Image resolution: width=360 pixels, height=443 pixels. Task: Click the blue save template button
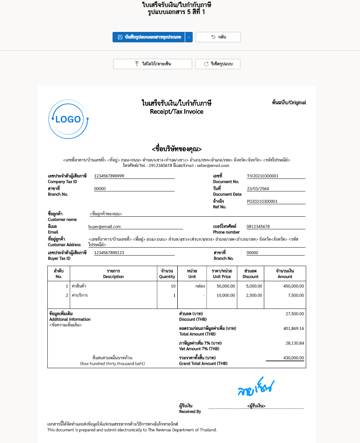tap(148, 37)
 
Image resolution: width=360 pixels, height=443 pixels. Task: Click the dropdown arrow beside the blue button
tap(188, 37)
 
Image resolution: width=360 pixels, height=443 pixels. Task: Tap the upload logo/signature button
tap(152, 64)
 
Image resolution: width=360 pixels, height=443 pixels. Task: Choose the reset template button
tap(218, 64)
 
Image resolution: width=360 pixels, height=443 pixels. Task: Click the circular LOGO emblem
tap(68, 120)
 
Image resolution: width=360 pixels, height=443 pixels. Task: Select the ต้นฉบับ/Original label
tap(289, 103)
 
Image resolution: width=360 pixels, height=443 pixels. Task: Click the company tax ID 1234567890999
tap(109, 176)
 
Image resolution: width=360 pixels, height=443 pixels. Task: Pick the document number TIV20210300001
tap(263, 176)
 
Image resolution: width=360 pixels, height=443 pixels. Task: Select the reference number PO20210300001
tap(262, 201)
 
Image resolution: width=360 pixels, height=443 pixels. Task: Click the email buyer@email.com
tap(105, 227)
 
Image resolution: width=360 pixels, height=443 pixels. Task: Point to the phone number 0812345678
tap(258, 227)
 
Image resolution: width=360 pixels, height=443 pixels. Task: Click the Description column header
tap(113, 274)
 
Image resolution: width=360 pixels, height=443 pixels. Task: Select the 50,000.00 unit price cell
tap(225, 287)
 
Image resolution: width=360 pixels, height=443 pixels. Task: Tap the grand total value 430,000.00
tap(293, 358)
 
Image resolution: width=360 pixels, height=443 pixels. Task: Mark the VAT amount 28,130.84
tap(294, 343)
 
